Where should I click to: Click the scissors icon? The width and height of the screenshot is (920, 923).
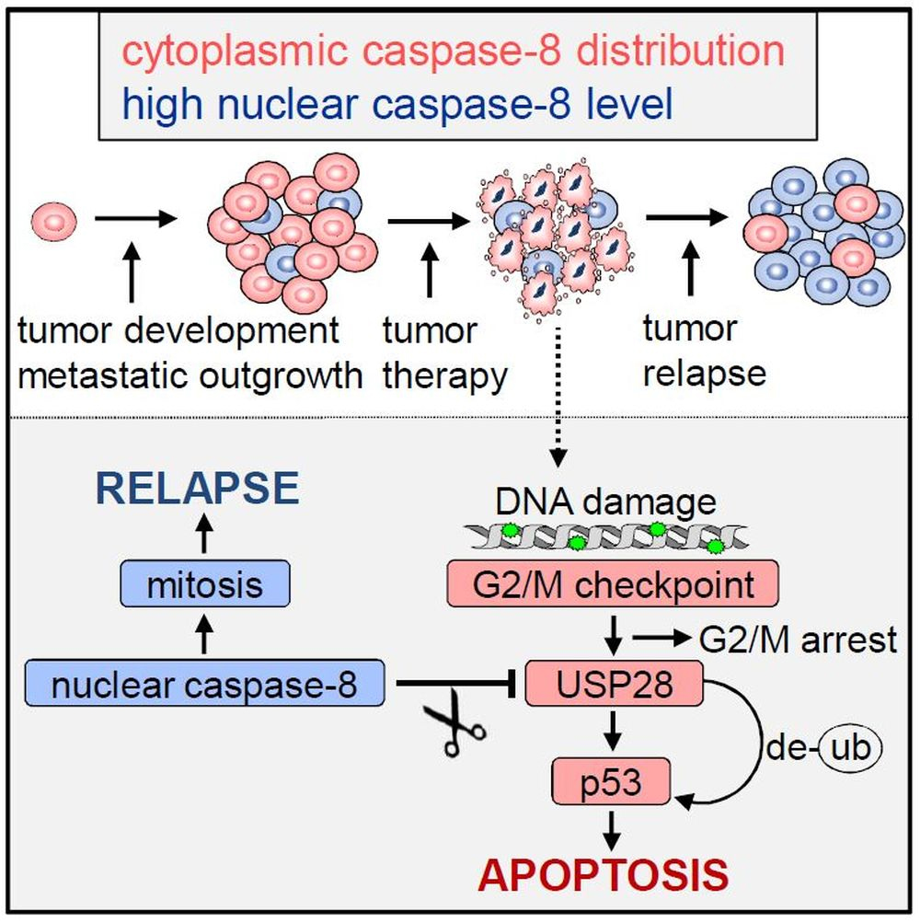454,730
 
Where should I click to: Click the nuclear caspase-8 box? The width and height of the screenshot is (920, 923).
204,683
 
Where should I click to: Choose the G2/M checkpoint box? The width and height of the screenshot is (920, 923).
613,582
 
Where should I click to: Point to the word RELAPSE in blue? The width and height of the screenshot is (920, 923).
199,490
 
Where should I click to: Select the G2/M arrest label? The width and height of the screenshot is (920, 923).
797,638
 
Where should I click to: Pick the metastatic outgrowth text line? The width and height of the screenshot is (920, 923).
189,375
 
